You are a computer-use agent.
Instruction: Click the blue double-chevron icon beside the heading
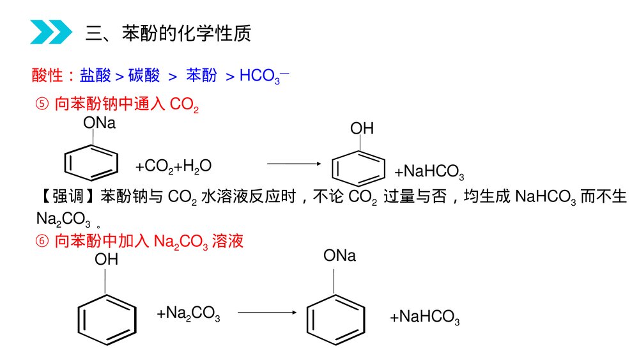click(51, 31)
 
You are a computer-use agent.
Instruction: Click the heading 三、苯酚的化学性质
click(168, 33)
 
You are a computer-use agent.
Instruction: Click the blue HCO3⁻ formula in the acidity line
click(264, 77)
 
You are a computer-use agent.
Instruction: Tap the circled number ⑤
click(42, 105)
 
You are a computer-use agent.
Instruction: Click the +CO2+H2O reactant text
click(173, 167)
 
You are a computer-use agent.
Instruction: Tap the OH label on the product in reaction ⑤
click(362, 129)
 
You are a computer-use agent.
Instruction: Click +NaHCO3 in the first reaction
click(428, 172)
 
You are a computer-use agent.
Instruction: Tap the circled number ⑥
click(42, 241)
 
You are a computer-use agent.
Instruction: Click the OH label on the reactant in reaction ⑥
click(107, 260)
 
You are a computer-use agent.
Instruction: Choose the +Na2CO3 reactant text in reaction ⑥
click(189, 313)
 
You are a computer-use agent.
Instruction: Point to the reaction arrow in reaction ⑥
click(267, 312)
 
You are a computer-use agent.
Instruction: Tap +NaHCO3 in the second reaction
click(425, 317)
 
